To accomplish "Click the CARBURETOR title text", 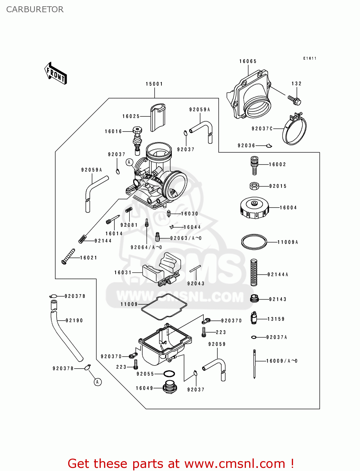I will (x=35, y=9).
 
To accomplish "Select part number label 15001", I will (x=154, y=84).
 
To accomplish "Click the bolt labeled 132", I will (x=295, y=100).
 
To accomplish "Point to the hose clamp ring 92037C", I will (x=295, y=129).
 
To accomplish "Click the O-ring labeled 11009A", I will (x=254, y=242).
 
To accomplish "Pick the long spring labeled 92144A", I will (x=254, y=272).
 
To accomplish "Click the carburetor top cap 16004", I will (x=254, y=208).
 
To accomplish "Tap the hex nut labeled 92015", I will (x=254, y=186).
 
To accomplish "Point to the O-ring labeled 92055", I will (x=169, y=374).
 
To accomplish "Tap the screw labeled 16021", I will (x=68, y=256).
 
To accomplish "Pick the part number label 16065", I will (x=248, y=61).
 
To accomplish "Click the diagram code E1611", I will (x=310, y=58).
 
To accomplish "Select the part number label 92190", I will (x=74, y=321).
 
